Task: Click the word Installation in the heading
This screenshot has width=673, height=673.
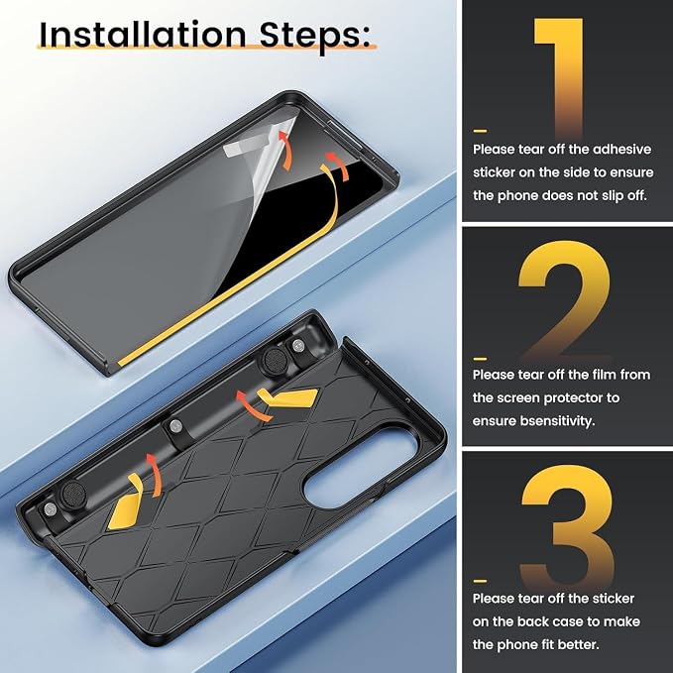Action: click(x=143, y=36)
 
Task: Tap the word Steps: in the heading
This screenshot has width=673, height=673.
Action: click(x=314, y=37)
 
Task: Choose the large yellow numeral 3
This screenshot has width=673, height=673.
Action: click(x=567, y=525)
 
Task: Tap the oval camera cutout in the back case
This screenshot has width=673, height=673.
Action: click(x=360, y=465)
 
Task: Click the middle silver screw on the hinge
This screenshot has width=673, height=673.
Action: click(x=175, y=425)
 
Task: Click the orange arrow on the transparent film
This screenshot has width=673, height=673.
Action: click(x=285, y=151)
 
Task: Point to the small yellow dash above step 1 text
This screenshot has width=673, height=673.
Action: click(x=480, y=131)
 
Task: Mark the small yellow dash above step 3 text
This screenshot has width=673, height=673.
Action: click(x=480, y=581)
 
